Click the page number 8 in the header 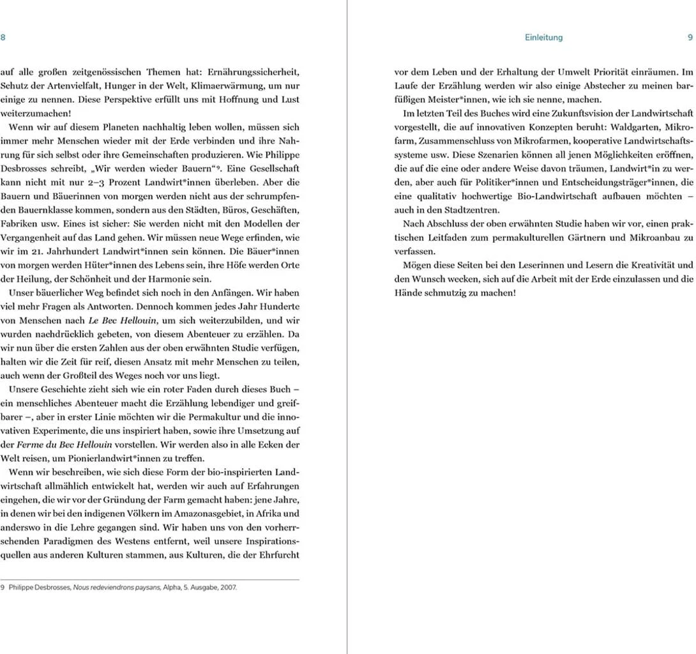pyautogui.click(x=3, y=38)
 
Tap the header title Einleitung pyautogui.click(x=543, y=38)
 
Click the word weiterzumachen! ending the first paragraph pyautogui.click(x=31, y=113)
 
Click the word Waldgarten pyautogui.click(x=623, y=128)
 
